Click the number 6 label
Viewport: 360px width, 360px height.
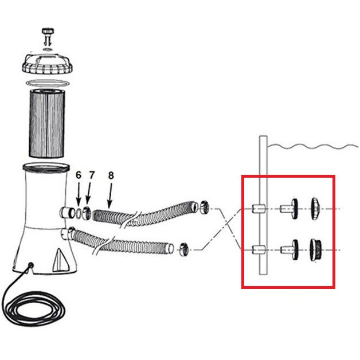tap(79, 175)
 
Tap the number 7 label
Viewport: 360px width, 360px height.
tap(92, 175)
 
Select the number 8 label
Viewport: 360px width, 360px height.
tap(111, 175)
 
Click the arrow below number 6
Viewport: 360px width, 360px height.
tap(79, 193)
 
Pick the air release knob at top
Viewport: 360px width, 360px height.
tap(48, 36)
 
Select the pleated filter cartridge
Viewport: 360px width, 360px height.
tap(46, 123)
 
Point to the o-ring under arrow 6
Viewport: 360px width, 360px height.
tap(79, 213)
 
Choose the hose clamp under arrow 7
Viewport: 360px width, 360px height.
tap(87, 213)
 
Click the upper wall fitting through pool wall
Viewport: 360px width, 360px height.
tap(259, 209)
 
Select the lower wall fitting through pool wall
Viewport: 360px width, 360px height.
tap(259, 250)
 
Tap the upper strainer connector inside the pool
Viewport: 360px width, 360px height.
tap(289, 209)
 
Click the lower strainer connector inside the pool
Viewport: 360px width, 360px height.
tap(289, 250)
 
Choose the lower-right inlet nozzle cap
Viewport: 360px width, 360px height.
tap(315, 250)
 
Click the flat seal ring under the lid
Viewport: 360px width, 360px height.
tap(48, 83)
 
